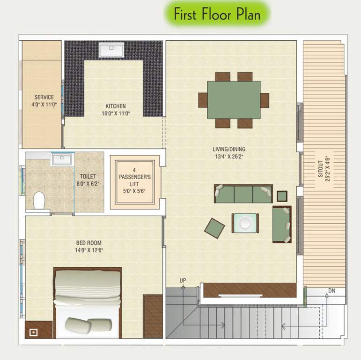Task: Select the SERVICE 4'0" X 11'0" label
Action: point(44,101)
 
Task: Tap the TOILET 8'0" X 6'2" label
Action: point(88,180)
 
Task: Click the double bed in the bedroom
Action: point(88,302)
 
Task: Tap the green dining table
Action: point(234,100)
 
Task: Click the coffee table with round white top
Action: point(245,223)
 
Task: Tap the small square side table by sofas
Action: point(282,196)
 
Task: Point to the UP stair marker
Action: point(183,280)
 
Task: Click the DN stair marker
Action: point(332,291)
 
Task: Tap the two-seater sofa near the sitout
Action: point(282,225)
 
